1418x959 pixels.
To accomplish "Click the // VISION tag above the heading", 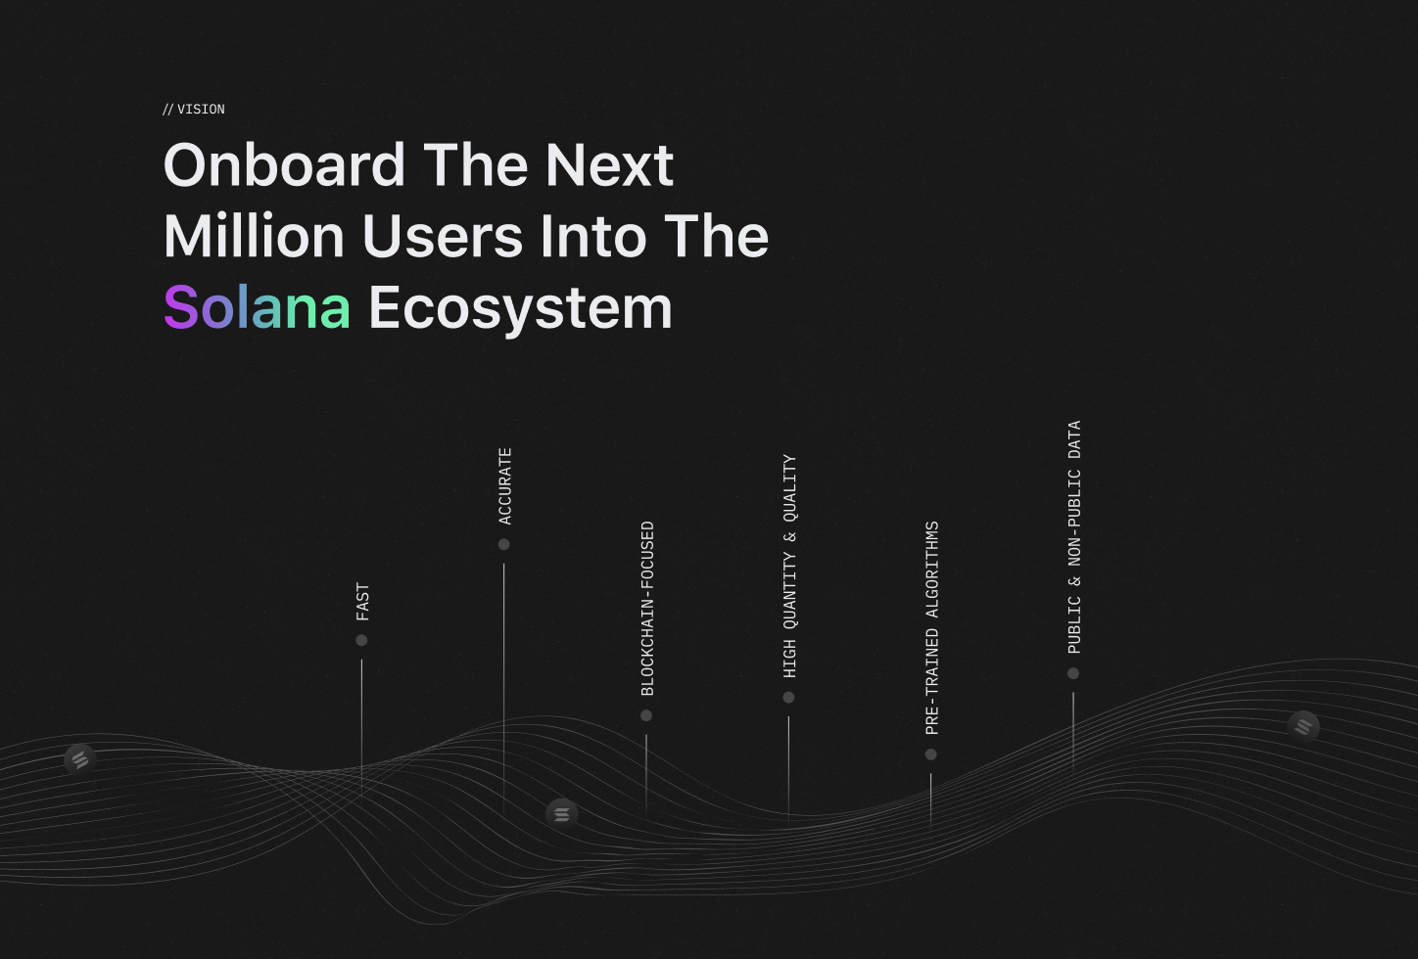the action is (194, 110).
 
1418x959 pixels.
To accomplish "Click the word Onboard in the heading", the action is (284, 164).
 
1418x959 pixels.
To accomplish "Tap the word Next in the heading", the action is (610, 165).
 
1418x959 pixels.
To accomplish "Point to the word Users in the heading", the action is (443, 236).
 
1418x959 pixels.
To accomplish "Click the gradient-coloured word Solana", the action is (257, 307).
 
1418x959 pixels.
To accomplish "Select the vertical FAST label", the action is (362, 602).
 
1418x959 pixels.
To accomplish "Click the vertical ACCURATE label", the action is (504, 486).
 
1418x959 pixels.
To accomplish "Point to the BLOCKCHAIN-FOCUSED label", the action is (647, 609).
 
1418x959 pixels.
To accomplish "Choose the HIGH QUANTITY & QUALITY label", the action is (789, 567).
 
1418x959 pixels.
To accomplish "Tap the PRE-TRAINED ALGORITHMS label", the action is (932, 628).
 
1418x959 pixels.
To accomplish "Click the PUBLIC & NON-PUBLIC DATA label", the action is (1074, 537).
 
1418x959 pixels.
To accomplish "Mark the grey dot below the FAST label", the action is (361, 640).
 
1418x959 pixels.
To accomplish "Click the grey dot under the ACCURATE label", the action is (504, 544).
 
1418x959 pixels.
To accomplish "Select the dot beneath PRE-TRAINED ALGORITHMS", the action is (930, 754).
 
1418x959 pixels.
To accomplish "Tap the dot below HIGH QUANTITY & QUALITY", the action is (788, 697).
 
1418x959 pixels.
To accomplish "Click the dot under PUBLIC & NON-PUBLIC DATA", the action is (1073, 673).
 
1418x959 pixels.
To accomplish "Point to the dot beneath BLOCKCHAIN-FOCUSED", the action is (645, 715).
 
